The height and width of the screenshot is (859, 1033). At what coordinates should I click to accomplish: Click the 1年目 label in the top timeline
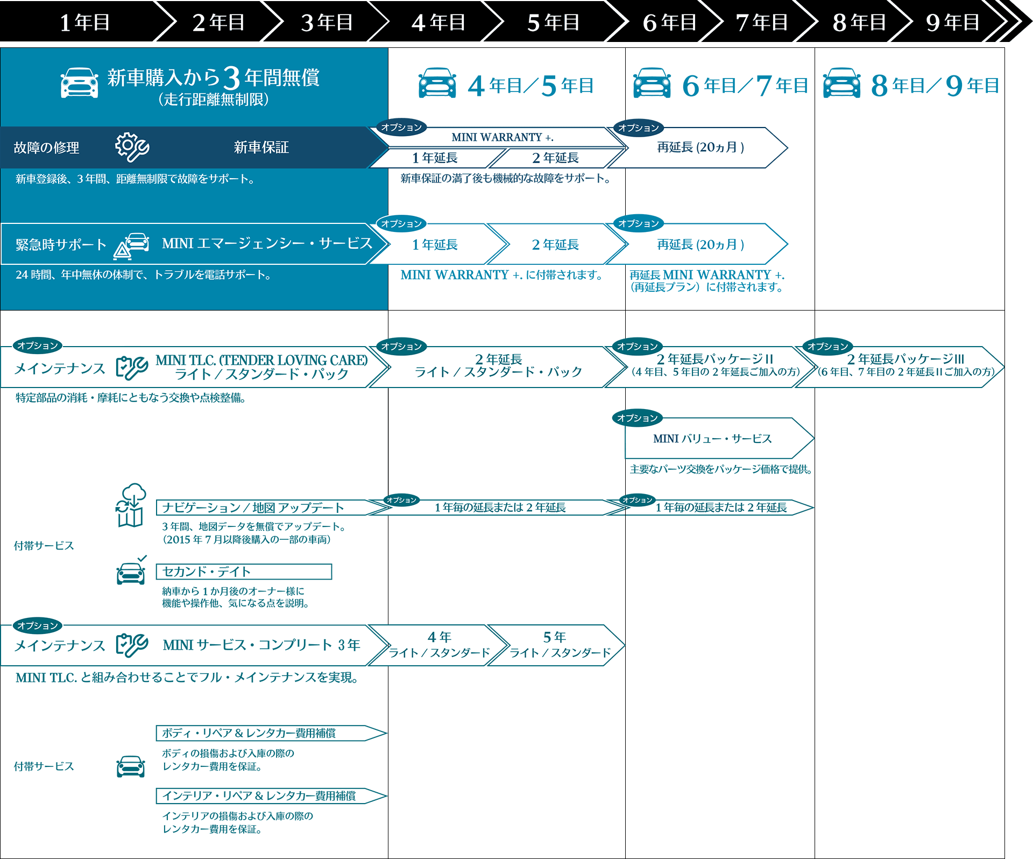84,23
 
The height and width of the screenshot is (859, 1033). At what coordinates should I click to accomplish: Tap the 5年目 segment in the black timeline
553,23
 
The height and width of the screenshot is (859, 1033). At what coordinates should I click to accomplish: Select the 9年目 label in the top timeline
952,23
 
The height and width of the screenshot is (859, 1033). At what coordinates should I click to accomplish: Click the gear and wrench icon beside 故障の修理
132,147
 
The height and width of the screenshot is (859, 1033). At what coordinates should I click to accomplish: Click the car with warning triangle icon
132,246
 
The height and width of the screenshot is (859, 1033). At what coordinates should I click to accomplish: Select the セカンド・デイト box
244,572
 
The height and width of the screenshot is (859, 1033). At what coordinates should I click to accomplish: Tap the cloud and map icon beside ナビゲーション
131,505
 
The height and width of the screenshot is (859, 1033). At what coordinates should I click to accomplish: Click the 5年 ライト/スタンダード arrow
557,645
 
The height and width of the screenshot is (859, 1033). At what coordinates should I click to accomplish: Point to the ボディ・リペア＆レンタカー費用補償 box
271,733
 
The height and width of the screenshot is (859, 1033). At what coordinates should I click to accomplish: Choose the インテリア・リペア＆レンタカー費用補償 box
271,796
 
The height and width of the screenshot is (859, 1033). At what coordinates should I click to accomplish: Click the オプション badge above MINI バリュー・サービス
638,418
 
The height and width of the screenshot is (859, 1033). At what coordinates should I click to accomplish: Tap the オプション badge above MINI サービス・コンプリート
37,625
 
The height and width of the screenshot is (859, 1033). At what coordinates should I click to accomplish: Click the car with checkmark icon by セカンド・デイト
131,571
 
